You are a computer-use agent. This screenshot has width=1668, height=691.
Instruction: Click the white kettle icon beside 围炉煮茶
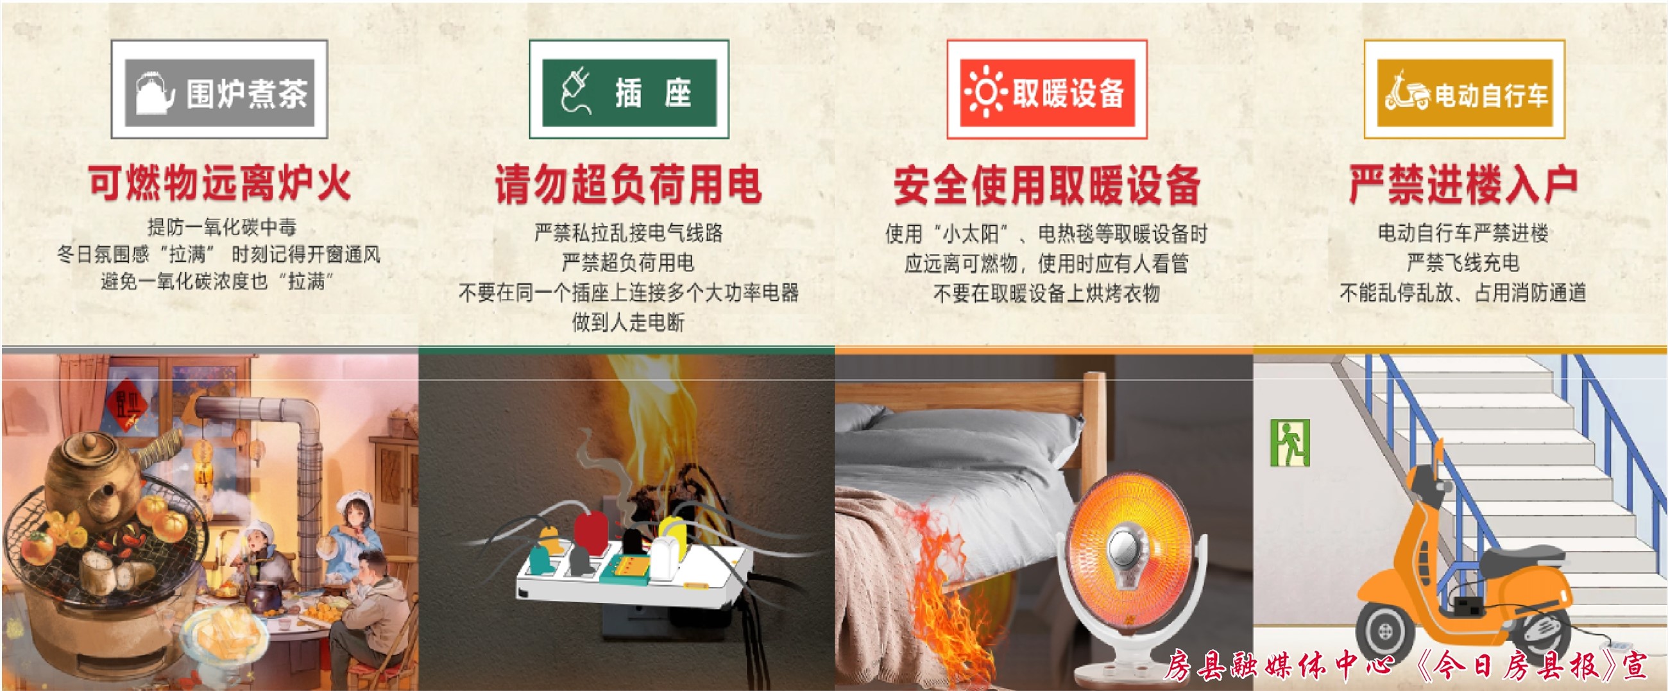(x=155, y=92)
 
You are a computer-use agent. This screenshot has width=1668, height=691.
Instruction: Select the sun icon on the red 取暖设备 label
(x=985, y=92)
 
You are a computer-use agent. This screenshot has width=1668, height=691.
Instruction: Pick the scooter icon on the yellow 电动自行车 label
(x=1407, y=93)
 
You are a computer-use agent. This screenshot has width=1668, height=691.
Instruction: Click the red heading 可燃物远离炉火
(x=220, y=183)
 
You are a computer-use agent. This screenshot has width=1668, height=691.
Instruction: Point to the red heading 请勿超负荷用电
(x=628, y=184)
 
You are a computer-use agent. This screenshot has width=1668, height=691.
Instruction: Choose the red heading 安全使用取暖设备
(x=1046, y=185)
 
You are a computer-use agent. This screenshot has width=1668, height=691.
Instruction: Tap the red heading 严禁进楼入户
(x=1463, y=184)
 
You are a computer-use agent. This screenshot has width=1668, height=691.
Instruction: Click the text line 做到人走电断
(x=628, y=322)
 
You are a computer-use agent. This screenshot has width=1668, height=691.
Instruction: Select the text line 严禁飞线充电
(x=1463, y=262)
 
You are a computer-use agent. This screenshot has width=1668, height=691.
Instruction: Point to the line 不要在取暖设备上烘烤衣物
(x=1046, y=293)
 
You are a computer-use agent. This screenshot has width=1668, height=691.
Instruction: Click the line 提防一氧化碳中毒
(x=221, y=226)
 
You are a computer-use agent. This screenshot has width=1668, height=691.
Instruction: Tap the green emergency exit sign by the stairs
(x=1290, y=443)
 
